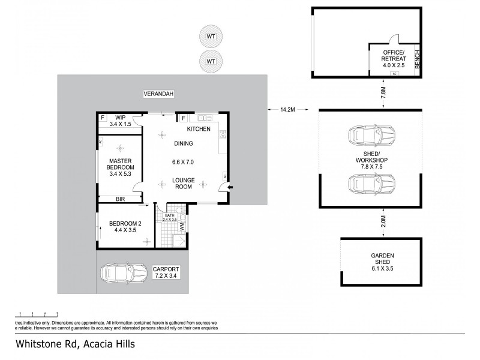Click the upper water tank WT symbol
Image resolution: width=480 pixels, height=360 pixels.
[x=211, y=37]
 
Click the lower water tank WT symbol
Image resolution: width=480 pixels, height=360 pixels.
[x=211, y=61]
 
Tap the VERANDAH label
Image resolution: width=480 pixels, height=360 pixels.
[x=158, y=94]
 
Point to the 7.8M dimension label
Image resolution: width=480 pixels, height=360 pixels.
[x=382, y=93]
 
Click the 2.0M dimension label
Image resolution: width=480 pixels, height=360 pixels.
[x=382, y=221]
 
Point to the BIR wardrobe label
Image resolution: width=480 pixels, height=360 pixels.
[x=120, y=199]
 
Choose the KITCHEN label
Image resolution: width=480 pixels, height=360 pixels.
[x=199, y=129]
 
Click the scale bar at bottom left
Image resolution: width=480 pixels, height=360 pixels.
[x=38, y=314]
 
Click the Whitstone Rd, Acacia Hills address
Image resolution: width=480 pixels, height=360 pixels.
[x=75, y=344]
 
